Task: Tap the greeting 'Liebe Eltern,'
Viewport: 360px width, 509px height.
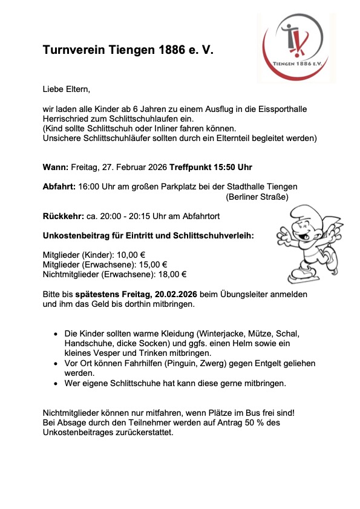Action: [x=66, y=90]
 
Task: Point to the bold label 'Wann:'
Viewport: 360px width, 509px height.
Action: [x=56, y=167]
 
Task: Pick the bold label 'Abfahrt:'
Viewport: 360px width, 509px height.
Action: [x=59, y=187]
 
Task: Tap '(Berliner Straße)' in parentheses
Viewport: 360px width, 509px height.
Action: [x=257, y=197]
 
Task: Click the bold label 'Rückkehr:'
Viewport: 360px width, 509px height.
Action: [x=63, y=215]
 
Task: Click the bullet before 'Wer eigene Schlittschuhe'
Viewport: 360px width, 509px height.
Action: [x=56, y=383]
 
